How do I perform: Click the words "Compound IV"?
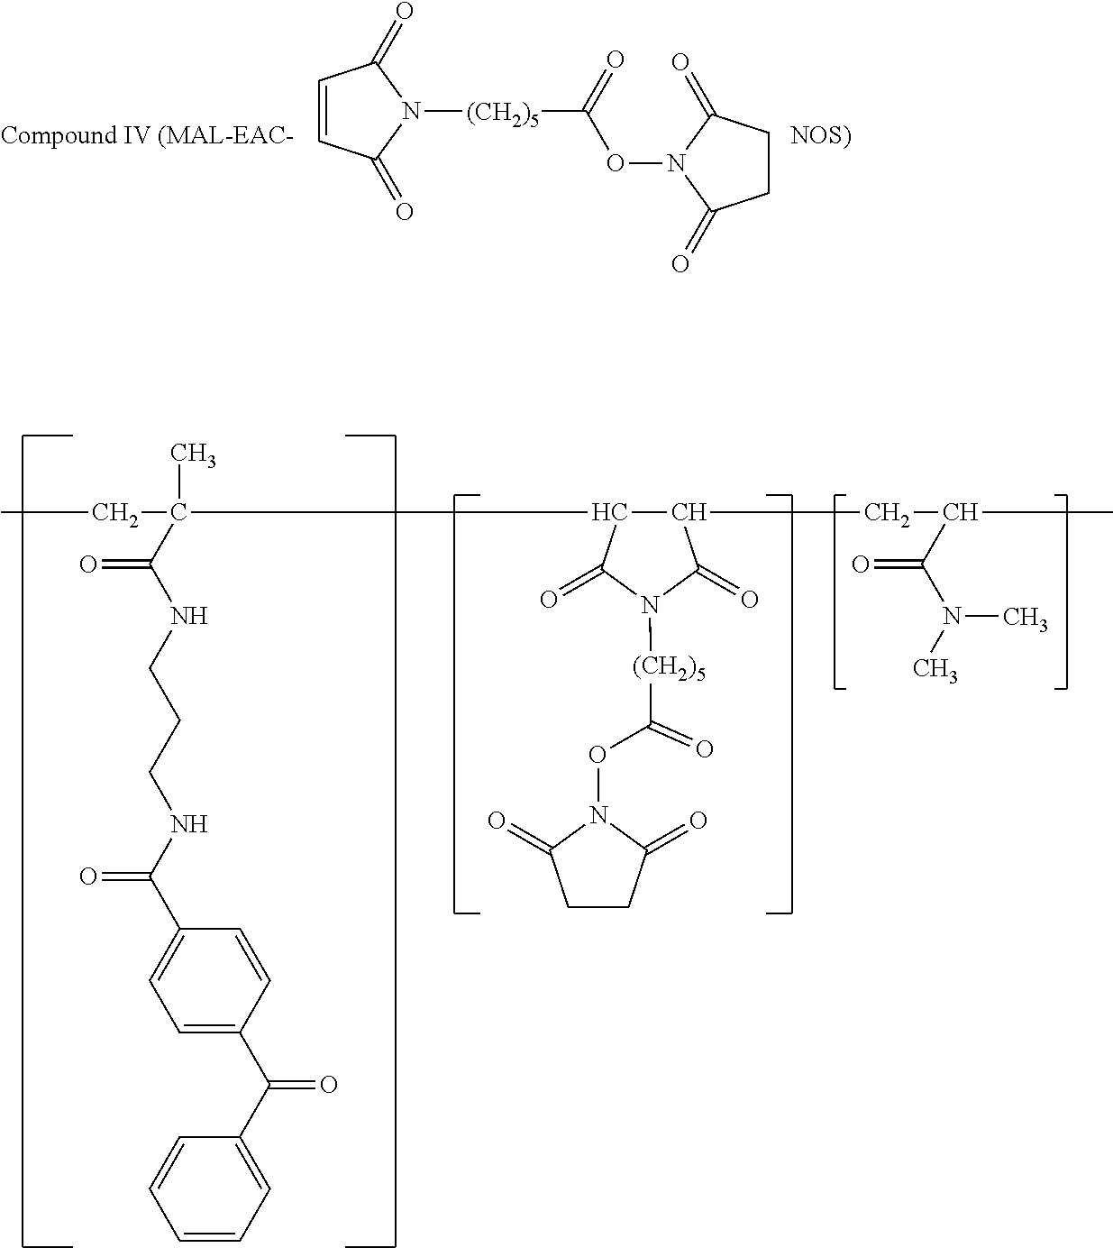coord(76,135)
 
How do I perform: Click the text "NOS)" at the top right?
coord(821,135)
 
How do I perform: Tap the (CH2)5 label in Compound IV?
coord(502,114)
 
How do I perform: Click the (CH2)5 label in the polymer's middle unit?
coord(669,668)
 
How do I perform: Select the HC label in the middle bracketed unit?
coord(609,512)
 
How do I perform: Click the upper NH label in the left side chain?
coord(189,616)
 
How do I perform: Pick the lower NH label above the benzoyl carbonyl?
coord(189,824)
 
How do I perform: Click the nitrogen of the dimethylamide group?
coord(953,616)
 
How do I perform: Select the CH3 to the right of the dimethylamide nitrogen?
coord(1025,618)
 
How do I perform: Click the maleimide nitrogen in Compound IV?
coord(411,112)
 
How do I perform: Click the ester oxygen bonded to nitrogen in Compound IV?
coord(615,163)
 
